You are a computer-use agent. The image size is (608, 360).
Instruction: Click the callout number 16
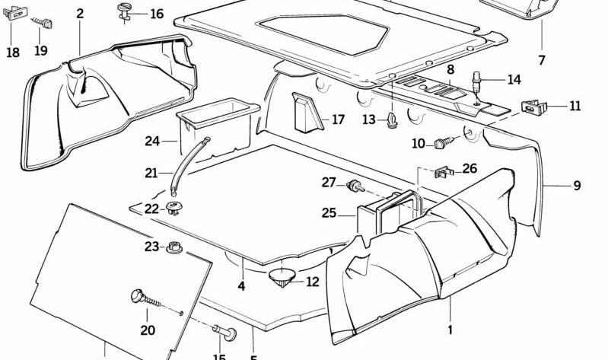[x=156, y=14]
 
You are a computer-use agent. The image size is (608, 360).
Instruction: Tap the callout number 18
[x=13, y=52]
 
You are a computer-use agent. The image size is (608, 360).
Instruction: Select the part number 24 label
[x=153, y=141]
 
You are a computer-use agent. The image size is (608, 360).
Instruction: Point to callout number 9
[x=576, y=185]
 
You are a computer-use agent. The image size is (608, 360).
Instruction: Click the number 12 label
[x=313, y=282]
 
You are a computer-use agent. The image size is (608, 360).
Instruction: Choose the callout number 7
[x=542, y=59]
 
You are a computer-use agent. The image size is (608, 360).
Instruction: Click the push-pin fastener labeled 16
[x=125, y=12]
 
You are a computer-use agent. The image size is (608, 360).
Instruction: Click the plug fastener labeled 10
[x=444, y=142]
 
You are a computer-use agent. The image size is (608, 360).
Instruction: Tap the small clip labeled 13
[x=392, y=119]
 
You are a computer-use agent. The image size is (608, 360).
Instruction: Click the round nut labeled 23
[x=175, y=247]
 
